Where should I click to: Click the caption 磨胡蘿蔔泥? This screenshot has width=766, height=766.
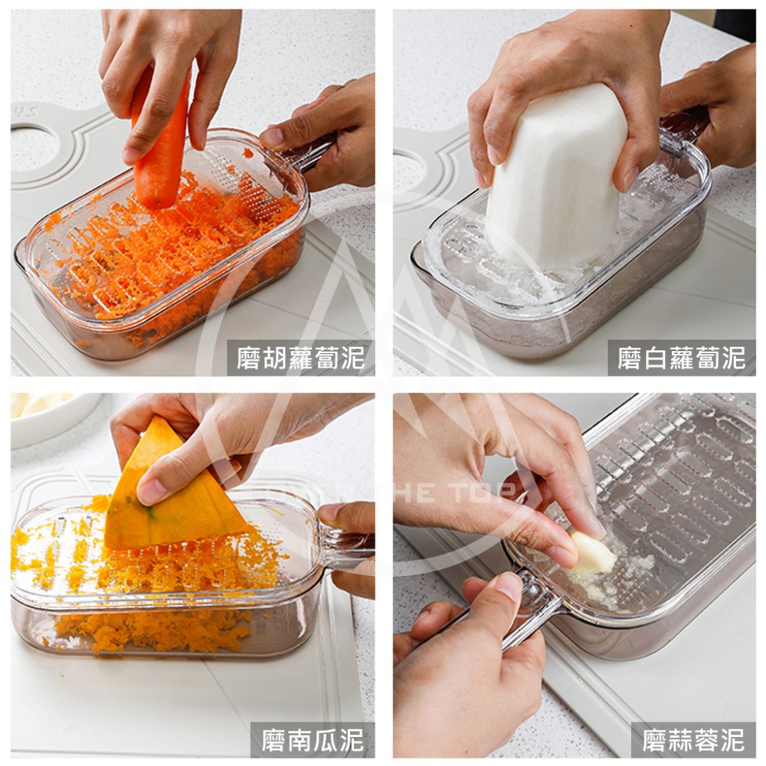point(300,358)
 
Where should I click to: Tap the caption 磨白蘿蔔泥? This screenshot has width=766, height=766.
point(681,358)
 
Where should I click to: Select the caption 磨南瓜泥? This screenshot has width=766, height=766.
point(312,740)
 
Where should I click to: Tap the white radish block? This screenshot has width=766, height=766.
point(555,176)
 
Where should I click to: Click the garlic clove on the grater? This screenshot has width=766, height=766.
point(592,553)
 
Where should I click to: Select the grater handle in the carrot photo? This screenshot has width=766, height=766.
point(310,153)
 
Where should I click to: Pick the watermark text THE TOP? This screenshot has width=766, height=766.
point(452,493)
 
